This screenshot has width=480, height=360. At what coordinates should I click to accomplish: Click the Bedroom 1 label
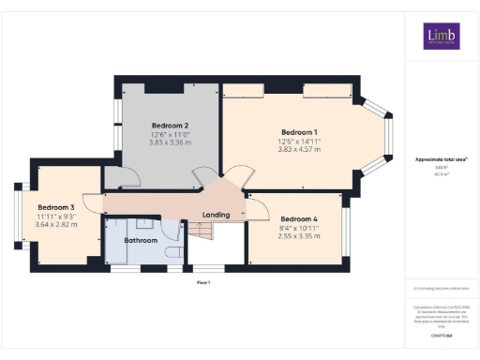pyautogui.click(x=299, y=131)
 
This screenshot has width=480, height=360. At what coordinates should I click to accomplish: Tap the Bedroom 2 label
pyautogui.click(x=171, y=126)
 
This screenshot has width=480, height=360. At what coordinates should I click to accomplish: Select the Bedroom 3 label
pyautogui.click(x=56, y=207)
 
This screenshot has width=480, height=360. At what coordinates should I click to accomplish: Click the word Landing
pyautogui.click(x=216, y=215)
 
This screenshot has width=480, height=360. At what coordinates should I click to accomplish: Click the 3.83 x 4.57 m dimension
pyautogui.click(x=299, y=150)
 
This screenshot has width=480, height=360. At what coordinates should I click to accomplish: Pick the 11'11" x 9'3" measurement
pyautogui.click(x=56, y=217)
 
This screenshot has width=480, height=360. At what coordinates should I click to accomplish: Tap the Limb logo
pyautogui.click(x=437, y=38)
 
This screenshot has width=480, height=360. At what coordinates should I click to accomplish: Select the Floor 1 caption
pyautogui.click(x=203, y=281)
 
